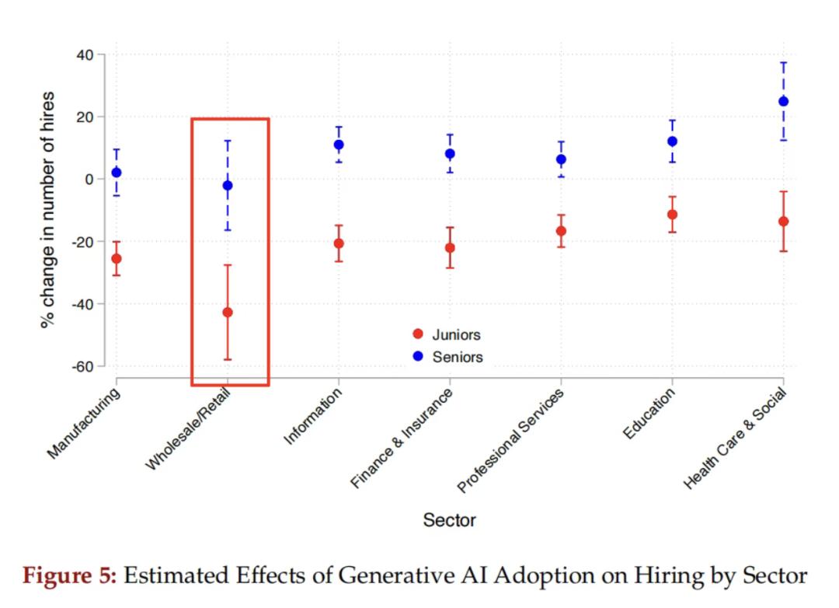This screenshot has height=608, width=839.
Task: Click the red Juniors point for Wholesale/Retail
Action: (228, 312)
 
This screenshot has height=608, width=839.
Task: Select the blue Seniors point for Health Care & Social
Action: (783, 101)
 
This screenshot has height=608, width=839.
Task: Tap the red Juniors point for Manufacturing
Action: (117, 258)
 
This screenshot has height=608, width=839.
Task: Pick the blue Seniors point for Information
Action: (339, 145)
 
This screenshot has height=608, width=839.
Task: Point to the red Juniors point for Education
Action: (672, 215)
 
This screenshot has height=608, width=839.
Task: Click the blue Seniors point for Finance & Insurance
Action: (450, 154)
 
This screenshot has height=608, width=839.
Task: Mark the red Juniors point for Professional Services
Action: (561, 231)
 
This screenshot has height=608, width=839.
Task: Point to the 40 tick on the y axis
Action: (85, 55)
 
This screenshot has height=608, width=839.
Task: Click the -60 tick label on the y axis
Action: (82, 366)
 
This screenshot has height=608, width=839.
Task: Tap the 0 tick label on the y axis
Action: (89, 180)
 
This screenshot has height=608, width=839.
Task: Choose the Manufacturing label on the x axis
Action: (84, 423)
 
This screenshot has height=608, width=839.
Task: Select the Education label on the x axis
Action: (649, 414)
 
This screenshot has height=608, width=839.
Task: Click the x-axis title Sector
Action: (449, 520)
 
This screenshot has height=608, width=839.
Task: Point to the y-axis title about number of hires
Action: (47, 210)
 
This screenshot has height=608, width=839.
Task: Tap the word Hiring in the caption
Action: (660, 576)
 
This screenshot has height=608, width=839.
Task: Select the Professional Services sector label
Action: (510, 441)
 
